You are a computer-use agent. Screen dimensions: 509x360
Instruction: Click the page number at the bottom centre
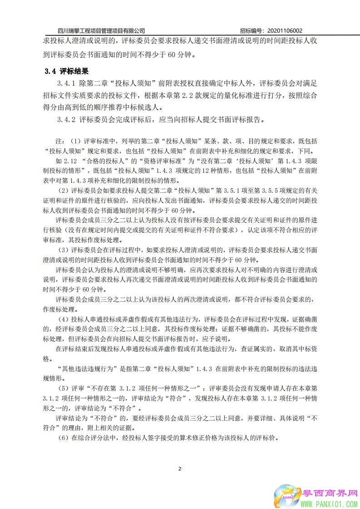click(180, 468)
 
